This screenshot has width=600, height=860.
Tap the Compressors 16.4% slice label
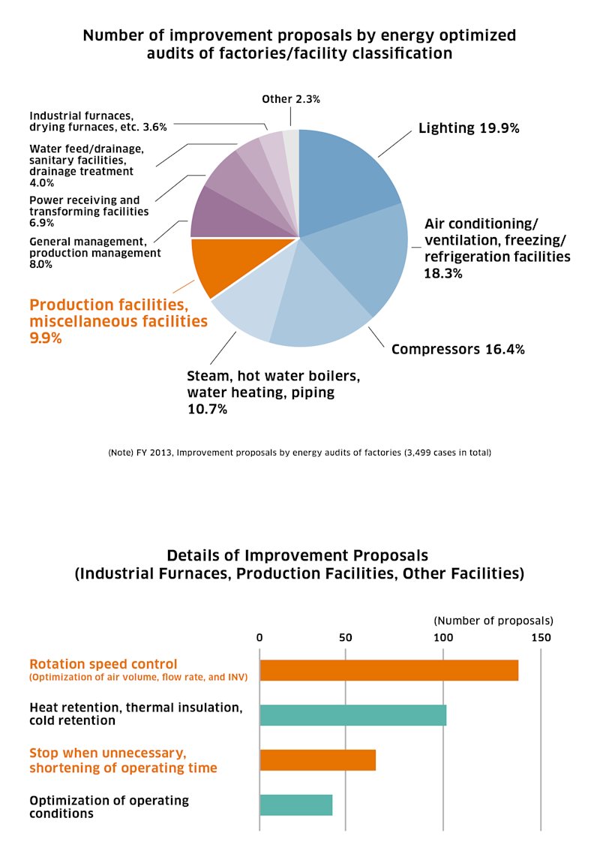(x=457, y=350)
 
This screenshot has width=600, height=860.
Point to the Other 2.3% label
(x=291, y=99)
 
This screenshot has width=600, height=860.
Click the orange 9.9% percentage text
(x=46, y=338)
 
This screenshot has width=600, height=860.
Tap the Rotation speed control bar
(x=389, y=670)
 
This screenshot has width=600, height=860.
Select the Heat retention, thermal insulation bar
(x=353, y=715)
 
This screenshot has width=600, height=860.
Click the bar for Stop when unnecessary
(x=318, y=760)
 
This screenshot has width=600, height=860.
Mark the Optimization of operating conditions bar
(x=296, y=804)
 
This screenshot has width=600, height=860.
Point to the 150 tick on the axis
(x=541, y=637)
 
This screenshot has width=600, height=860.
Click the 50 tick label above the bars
(x=345, y=637)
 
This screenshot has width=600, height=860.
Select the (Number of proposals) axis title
(x=493, y=621)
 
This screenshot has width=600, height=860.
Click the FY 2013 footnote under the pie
(x=299, y=453)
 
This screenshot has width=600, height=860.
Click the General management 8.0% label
(x=94, y=253)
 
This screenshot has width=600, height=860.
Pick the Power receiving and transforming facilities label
(x=88, y=211)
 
